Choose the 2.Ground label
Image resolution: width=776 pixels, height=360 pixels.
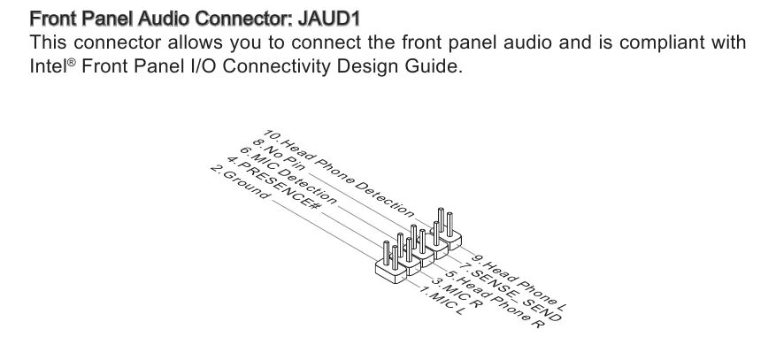tap(239, 181)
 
